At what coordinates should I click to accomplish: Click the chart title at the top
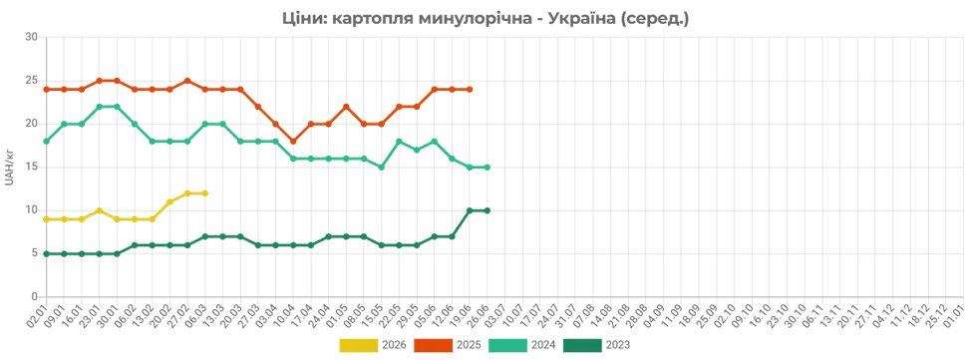point(485,18)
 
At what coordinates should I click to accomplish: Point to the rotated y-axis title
point(8,168)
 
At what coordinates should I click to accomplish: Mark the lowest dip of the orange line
point(292,139)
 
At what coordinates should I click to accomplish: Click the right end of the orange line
point(473,90)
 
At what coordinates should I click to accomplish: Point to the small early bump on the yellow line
point(99,209)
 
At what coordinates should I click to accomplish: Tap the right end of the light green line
point(489,167)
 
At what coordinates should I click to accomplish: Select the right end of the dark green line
point(489,209)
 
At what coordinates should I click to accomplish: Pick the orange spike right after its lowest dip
point(347,105)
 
